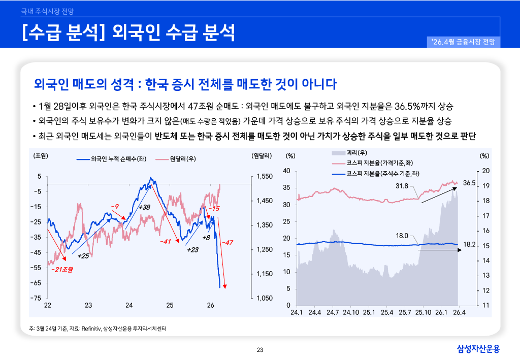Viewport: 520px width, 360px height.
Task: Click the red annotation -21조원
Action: (x=62, y=270)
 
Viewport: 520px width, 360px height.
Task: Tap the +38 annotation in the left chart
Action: (x=144, y=207)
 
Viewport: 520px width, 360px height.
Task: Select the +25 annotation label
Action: (x=83, y=255)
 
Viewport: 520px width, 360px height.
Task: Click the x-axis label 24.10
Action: (x=350, y=312)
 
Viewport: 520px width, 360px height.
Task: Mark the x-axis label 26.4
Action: (x=459, y=312)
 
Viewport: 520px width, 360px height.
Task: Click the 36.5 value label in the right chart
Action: (x=469, y=183)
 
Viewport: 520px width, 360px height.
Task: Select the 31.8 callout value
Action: (x=402, y=186)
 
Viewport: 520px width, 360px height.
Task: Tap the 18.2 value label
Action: (x=469, y=245)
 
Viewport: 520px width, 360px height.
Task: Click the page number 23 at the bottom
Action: (x=260, y=349)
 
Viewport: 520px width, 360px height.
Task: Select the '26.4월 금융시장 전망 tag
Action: (x=464, y=42)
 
